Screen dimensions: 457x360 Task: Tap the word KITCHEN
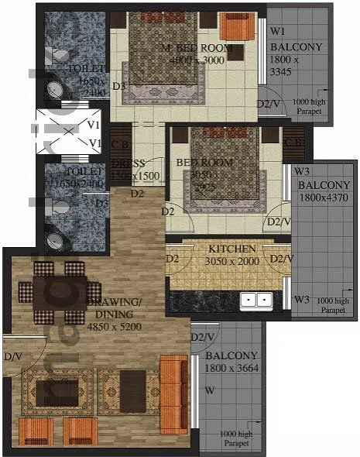[232, 249]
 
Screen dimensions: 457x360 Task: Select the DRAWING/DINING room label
[113, 308]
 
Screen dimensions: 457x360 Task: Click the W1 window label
[277, 32]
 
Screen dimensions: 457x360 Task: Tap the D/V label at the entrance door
[12, 357]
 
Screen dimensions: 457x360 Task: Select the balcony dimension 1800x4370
[324, 198]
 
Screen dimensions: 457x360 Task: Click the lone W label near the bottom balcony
[210, 391]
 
